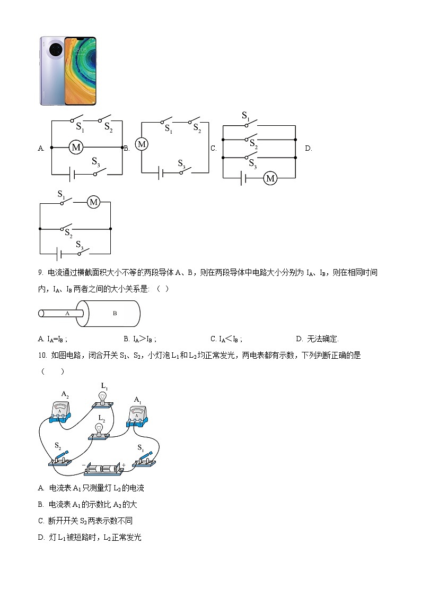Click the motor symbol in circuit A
point(76,148)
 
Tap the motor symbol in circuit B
point(142,144)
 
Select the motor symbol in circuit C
point(270,178)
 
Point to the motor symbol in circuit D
point(94,202)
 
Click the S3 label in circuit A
point(96,161)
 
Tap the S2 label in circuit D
point(68,232)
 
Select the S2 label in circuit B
point(197,128)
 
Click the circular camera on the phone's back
point(55,50)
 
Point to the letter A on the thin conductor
point(67,314)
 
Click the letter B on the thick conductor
point(115,314)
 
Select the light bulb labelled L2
point(99,430)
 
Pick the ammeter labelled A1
point(138,415)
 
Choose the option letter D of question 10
point(41,538)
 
